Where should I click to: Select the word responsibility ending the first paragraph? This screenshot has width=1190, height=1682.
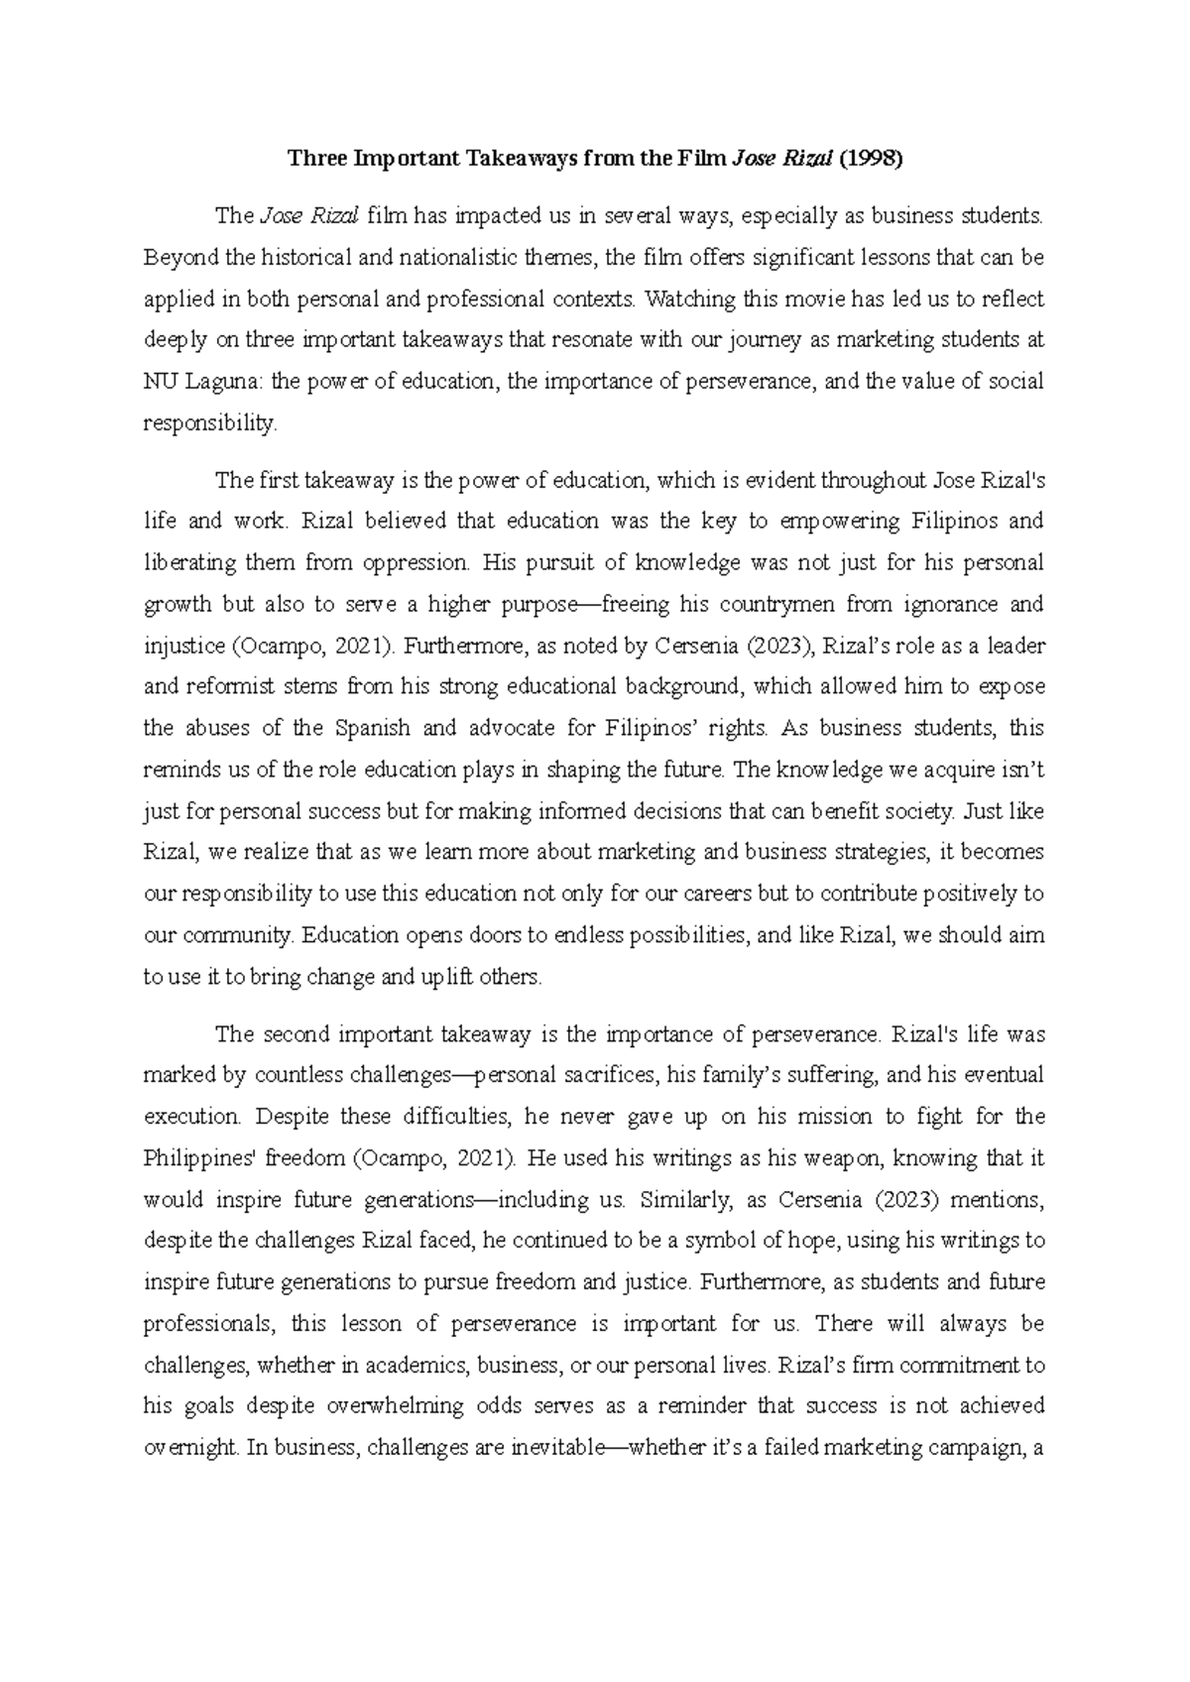(x=210, y=423)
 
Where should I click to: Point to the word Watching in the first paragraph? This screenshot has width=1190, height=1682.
(x=682, y=299)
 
